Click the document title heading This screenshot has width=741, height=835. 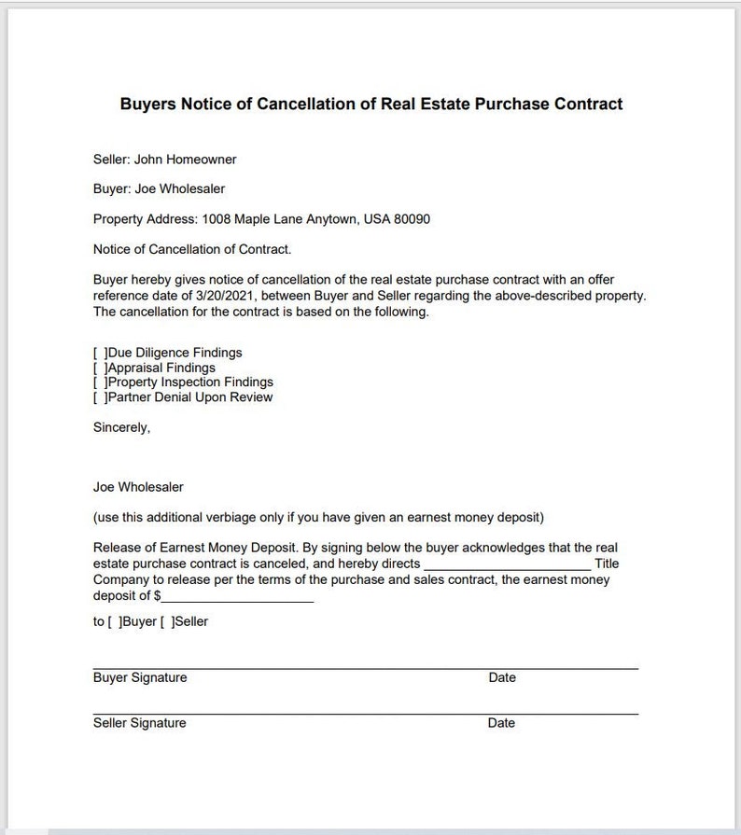coord(370,104)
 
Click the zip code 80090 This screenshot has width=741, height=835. coord(412,219)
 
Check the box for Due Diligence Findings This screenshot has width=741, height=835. coord(99,353)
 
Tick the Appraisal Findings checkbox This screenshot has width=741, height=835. coord(99,368)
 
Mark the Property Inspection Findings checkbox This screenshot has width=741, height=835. coord(99,383)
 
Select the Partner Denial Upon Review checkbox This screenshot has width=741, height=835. coord(99,397)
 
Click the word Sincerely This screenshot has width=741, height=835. coord(121,427)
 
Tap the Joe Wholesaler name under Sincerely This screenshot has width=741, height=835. coord(138,487)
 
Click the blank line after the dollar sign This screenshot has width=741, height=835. coord(237,596)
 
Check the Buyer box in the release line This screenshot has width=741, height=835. coord(115,621)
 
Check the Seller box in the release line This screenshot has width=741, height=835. coord(167,621)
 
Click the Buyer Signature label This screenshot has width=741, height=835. coord(140,677)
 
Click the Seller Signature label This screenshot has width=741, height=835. coord(140,723)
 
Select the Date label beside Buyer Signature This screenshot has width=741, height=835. coord(501,677)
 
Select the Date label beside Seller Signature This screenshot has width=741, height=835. coord(501,723)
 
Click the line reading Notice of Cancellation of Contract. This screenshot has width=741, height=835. coord(192,249)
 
